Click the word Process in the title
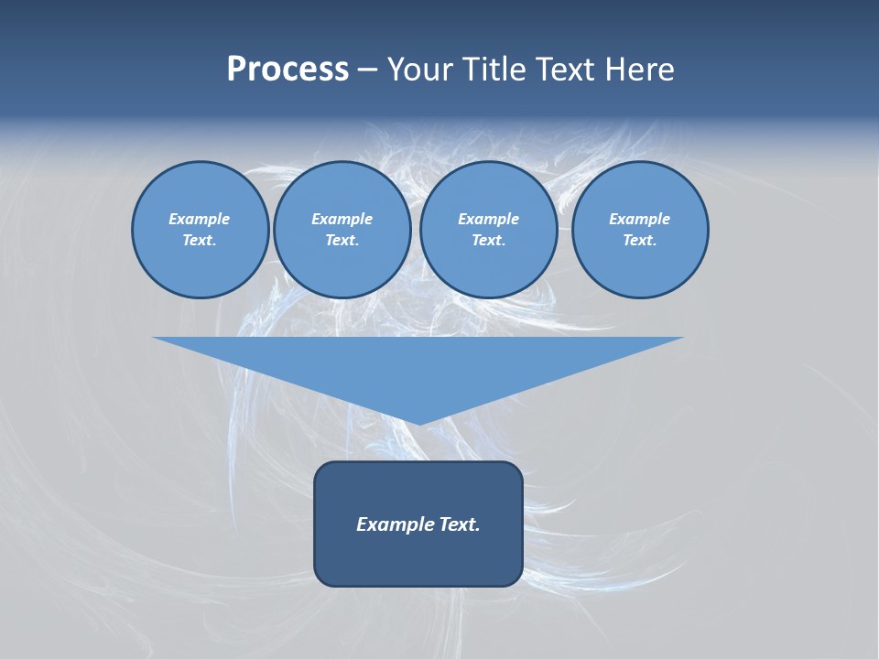288,70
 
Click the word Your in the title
422,70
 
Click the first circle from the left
200,230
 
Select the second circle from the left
342,230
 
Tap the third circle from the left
488,230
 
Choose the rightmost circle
640,230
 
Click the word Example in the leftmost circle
200,219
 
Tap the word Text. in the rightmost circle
640,240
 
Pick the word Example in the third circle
488,219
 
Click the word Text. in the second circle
342,240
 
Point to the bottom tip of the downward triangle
418,423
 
